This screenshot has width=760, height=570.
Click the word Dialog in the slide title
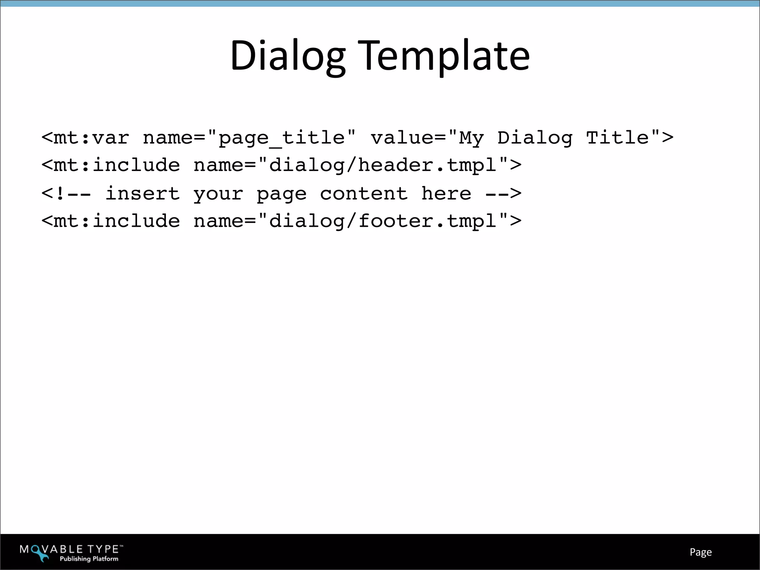288,56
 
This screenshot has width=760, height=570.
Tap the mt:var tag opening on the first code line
85,138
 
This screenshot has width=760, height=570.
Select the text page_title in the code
282,138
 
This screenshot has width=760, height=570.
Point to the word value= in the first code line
408,138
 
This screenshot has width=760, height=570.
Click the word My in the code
471,138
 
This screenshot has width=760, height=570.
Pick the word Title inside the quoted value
617,138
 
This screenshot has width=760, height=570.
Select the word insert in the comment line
142,194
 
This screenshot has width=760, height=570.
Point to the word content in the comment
364,194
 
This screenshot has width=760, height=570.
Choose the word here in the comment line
446,194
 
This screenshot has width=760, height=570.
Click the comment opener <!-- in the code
66,194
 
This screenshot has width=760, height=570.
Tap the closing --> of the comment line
503,194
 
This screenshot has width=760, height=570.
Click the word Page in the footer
701,552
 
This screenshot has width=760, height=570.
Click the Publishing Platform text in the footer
89,559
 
